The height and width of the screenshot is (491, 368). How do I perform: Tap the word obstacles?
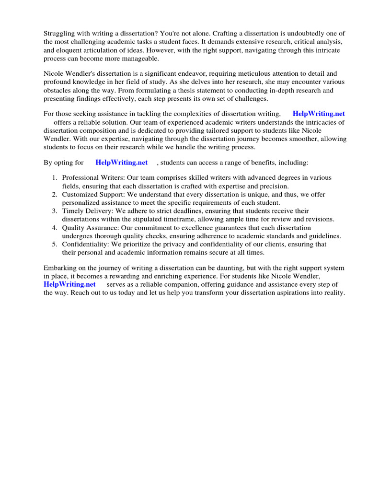click(58, 90)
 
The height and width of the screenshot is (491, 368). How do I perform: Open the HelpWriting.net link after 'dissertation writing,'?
click(319, 114)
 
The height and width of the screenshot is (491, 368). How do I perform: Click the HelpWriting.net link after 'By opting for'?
click(122, 163)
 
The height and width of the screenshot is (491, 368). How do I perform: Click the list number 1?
click(55, 178)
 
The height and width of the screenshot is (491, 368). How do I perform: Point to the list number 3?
click(55, 211)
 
